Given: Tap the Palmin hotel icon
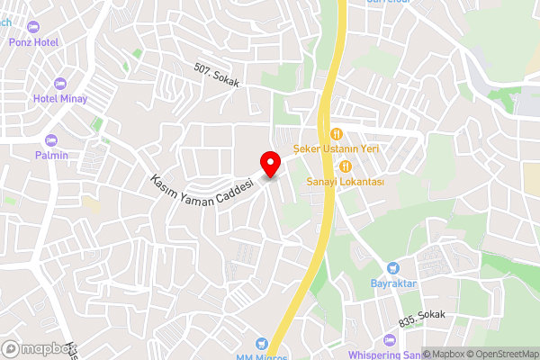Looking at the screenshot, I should tap(50, 140).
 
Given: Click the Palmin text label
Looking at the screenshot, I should tap(52, 155).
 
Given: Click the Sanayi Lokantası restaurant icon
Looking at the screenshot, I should tap(346, 166).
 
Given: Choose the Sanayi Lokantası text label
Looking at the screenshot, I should tap(346, 181).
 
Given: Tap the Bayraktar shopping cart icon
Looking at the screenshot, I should tap(392, 268).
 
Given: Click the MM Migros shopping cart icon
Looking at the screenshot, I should tap(262, 343).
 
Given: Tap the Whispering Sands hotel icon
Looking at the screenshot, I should tap(389, 341).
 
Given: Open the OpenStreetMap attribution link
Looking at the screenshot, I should tap(497, 354).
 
